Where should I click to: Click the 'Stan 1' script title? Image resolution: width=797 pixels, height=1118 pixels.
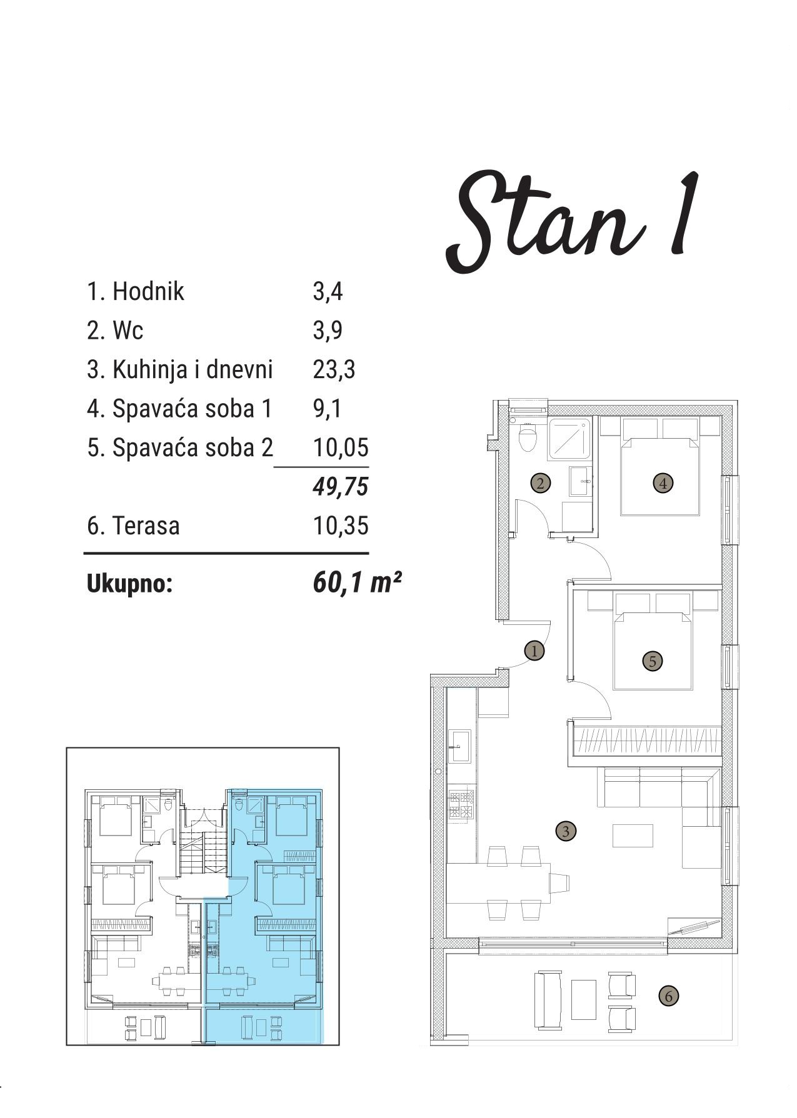[x=572, y=222]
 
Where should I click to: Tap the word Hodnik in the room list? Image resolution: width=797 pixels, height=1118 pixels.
[x=148, y=291]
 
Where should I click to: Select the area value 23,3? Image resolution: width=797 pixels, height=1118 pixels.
[x=334, y=369]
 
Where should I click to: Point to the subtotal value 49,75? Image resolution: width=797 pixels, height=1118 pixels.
[x=341, y=486]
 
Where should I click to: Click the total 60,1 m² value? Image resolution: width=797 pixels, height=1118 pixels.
[x=356, y=583]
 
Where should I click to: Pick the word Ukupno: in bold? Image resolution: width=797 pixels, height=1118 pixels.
[x=129, y=584]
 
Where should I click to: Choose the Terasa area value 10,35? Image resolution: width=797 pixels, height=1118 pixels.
[x=341, y=526]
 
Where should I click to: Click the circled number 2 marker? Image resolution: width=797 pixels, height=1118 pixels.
[x=540, y=482]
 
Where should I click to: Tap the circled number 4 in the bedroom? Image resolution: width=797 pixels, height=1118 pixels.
[x=663, y=482]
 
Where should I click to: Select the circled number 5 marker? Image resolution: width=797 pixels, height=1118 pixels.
[x=653, y=661]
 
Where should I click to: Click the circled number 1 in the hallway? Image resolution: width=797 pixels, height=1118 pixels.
[x=534, y=651]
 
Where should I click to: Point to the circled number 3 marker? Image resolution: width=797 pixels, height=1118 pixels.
[x=566, y=831]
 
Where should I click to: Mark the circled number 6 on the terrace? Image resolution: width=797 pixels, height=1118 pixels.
[x=668, y=996]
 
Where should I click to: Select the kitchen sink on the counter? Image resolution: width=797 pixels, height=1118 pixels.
[x=461, y=746]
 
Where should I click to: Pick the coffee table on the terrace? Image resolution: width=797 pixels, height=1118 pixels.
[x=584, y=1000]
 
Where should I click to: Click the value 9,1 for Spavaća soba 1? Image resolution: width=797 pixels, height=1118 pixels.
[x=327, y=409]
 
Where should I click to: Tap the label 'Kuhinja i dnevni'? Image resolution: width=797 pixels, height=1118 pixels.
[x=193, y=369]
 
